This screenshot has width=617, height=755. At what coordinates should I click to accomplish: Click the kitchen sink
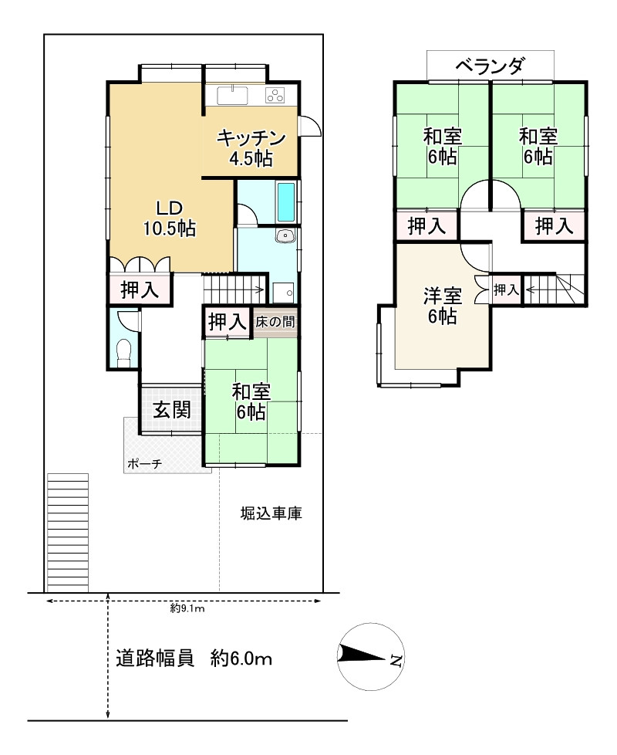(232, 95)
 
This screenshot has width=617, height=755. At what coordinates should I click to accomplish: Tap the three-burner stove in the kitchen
(275, 95)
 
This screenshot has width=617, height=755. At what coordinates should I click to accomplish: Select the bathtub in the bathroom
(286, 201)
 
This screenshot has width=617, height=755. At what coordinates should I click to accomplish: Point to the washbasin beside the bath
(285, 236)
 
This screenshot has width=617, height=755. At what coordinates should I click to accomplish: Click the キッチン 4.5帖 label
(251, 147)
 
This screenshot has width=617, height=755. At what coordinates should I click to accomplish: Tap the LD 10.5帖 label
(170, 218)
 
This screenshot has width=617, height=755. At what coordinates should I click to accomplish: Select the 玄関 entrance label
(172, 410)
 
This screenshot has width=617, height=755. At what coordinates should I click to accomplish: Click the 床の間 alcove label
(275, 321)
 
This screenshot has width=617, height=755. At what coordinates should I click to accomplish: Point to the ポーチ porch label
(144, 464)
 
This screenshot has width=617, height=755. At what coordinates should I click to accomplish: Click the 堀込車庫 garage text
(271, 513)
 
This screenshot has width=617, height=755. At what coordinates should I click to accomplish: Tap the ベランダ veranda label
(490, 66)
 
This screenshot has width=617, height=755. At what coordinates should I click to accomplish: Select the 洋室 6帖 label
(443, 306)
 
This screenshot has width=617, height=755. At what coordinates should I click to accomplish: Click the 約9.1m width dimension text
(187, 608)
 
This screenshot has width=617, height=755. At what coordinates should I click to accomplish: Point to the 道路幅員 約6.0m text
(194, 658)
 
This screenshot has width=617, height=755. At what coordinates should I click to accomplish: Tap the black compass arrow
(363, 655)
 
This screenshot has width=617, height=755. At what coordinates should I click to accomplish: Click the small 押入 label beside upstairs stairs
(506, 289)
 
